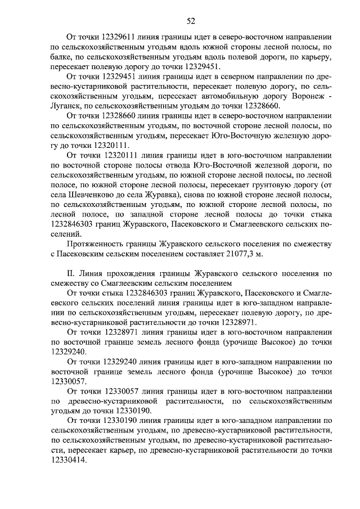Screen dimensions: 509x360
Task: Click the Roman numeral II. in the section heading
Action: click(x=71, y=274)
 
